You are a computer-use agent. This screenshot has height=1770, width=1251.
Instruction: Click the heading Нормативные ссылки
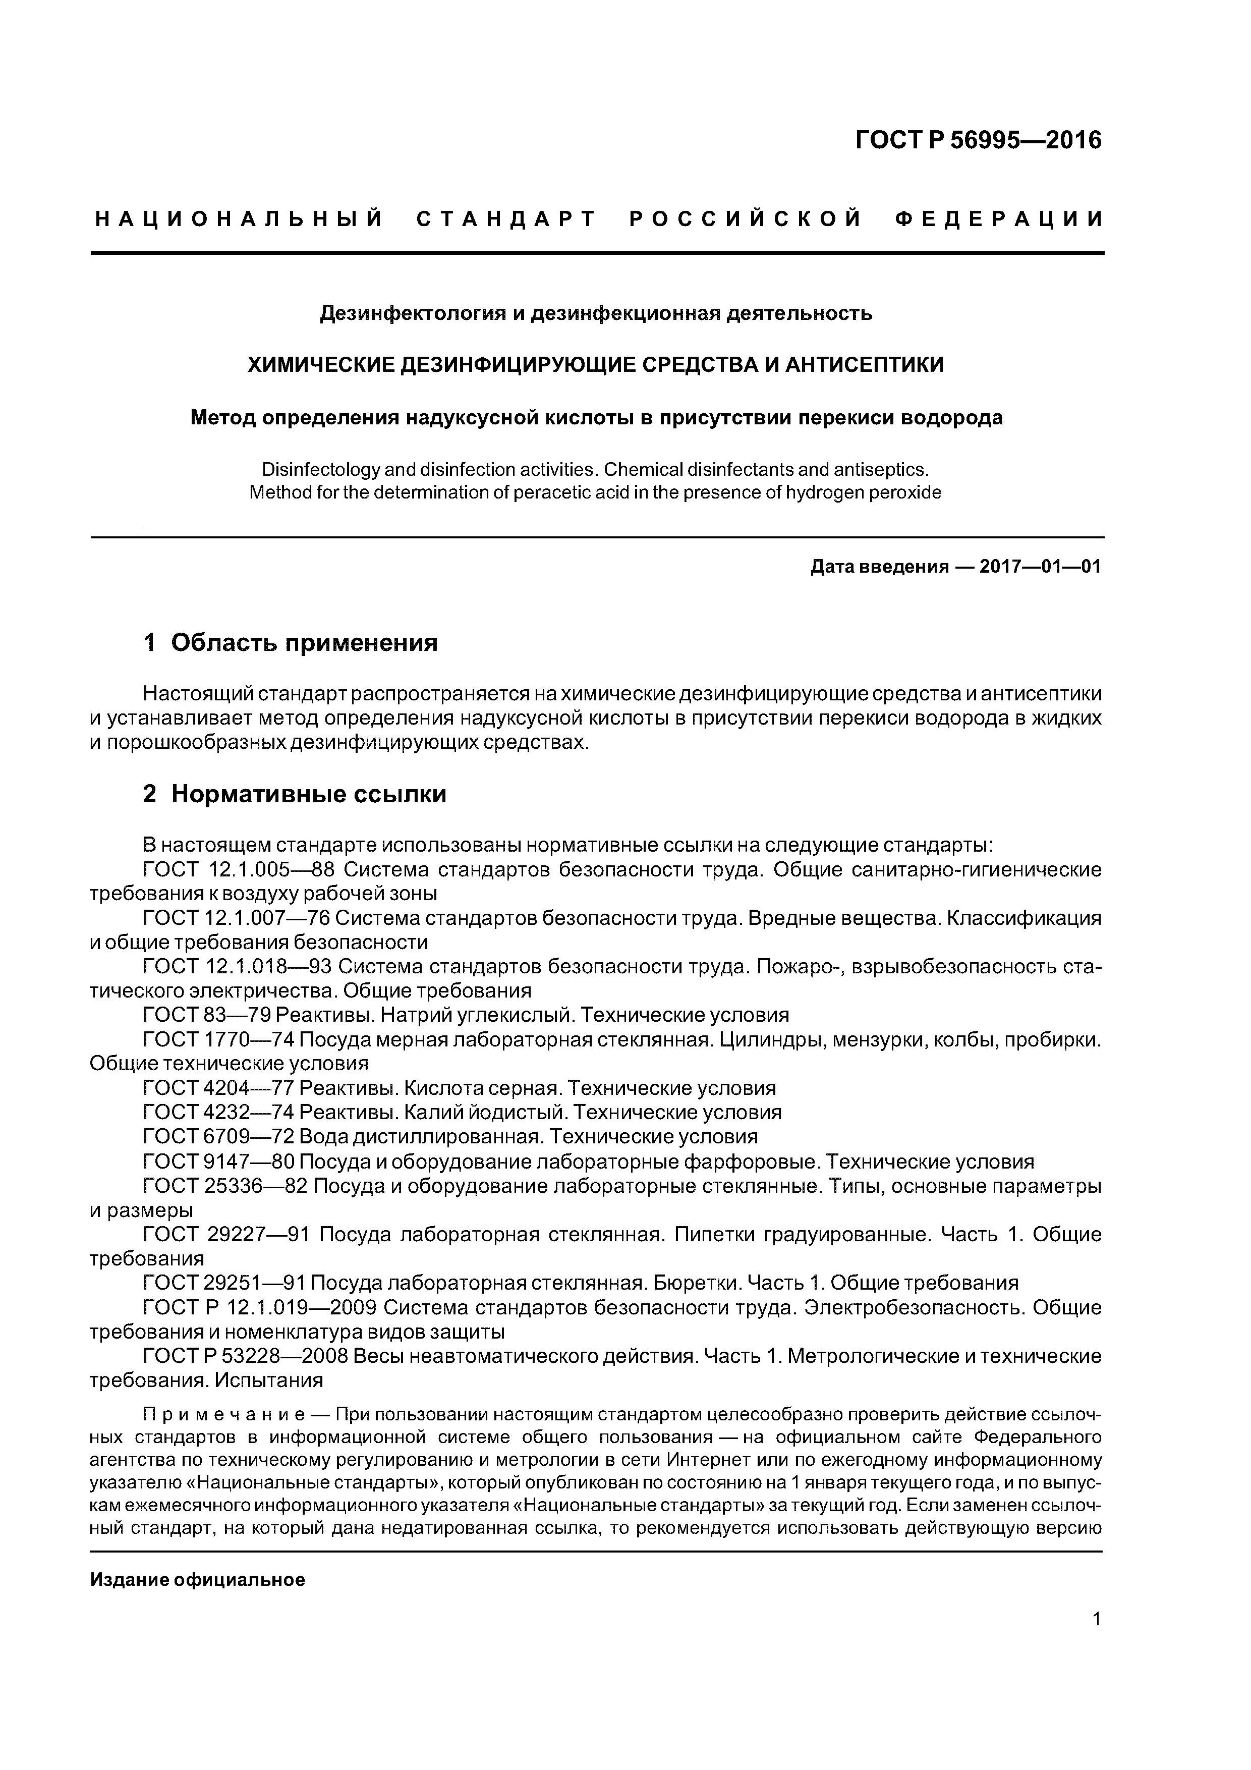click(308, 794)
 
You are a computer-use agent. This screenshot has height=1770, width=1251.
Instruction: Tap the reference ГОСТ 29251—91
click(223, 1283)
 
